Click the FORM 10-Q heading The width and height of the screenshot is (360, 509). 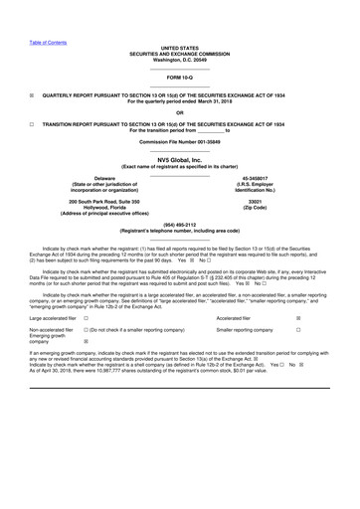[179, 77]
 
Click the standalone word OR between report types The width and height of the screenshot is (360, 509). [179, 111]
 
